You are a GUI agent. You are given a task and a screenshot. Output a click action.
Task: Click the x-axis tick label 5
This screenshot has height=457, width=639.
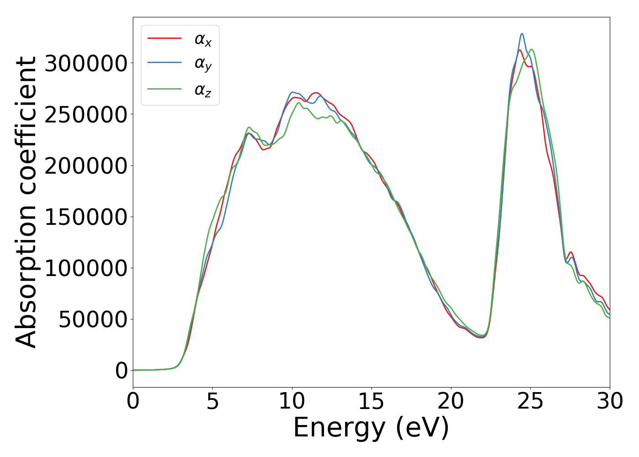click(x=213, y=402)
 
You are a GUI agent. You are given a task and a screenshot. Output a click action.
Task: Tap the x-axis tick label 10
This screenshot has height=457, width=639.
click(x=292, y=402)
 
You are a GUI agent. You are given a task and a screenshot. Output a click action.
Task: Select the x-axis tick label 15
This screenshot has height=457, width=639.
click(x=372, y=402)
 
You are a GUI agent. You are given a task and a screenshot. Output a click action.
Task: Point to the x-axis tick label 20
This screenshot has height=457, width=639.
click(x=451, y=402)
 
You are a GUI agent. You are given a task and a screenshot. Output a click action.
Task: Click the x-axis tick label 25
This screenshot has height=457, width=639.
click(x=530, y=402)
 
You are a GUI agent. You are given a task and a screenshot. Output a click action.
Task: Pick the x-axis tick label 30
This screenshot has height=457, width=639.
click(x=610, y=402)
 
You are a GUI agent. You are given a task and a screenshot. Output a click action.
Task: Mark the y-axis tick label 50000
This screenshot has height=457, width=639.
click(x=93, y=319)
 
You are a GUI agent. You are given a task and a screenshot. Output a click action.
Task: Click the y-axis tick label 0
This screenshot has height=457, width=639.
click(x=121, y=371)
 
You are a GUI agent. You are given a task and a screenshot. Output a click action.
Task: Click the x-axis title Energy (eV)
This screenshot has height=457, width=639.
click(x=371, y=428)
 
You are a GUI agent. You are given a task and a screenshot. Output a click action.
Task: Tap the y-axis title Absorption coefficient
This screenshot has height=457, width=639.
click(x=26, y=202)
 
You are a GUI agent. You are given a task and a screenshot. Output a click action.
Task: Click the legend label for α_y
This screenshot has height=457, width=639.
click(x=203, y=64)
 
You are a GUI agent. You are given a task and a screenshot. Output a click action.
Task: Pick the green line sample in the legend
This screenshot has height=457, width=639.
click(x=165, y=89)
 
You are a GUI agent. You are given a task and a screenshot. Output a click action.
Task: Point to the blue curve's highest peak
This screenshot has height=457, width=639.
click(x=522, y=33)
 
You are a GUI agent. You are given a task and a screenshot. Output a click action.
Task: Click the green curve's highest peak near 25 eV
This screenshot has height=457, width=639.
click(x=532, y=49)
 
